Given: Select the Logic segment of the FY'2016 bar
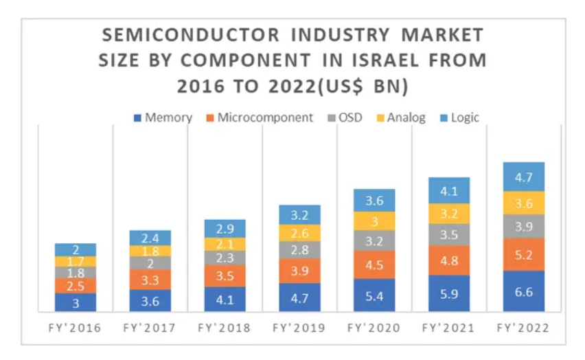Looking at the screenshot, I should [76, 249].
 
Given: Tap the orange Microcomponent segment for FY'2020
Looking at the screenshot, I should [374, 265].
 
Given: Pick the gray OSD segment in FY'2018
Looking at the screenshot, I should [225, 258].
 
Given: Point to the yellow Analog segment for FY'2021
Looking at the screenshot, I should [449, 213].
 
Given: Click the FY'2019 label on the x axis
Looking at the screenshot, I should [299, 328].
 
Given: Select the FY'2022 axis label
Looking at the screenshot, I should [524, 328].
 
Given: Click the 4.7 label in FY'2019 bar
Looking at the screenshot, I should [299, 297].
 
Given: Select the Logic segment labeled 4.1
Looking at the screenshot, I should [449, 191].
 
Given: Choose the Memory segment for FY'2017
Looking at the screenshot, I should [150, 301].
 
